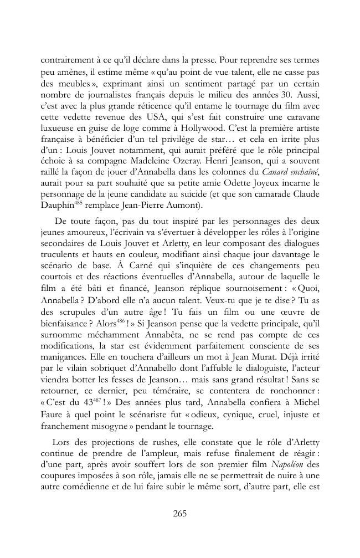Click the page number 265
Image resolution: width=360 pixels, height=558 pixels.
(x=179, y=513)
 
